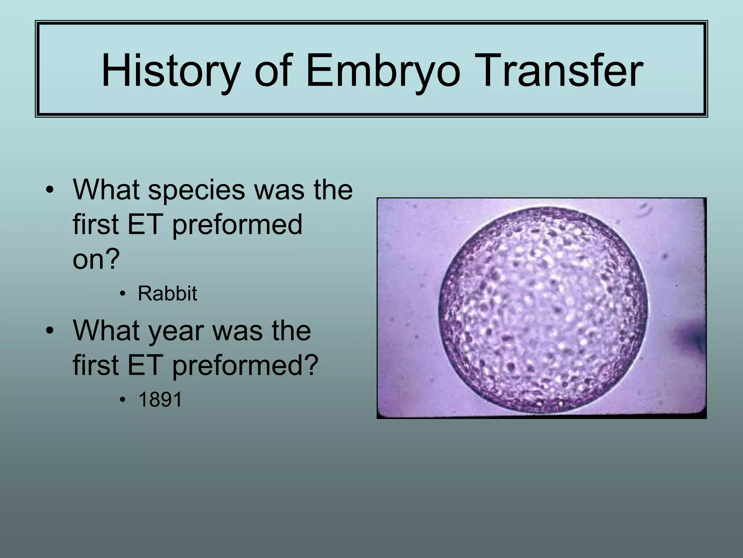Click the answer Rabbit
167,293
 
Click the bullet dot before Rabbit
123,294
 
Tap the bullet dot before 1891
123,400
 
